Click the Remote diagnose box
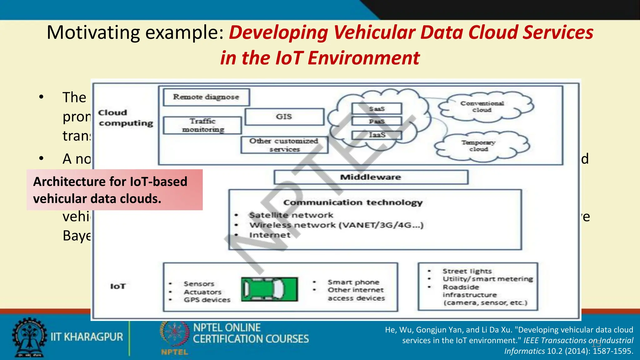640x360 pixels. click(x=206, y=97)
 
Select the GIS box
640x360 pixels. click(x=284, y=117)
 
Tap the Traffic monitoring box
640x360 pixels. click(x=202, y=125)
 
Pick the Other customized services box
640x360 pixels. click(x=284, y=145)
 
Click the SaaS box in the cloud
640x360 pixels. click(x=377, y=109)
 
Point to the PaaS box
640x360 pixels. click(x=377, y=121)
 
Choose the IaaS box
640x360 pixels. click(x=377, y=135)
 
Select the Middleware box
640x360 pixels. click(x=371, y=177)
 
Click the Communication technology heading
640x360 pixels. click(x=353, y=202)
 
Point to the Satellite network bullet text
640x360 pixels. click(x=291, y=215)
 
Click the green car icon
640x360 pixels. click(x=269, y=289)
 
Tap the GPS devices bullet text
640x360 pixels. click(x=207, y=300)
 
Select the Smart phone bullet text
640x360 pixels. click(x=353, y=282)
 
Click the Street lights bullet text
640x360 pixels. click(x=467, y=271)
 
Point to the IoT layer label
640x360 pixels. click(x=118, y=286)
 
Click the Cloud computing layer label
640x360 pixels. click(x=126, y=118)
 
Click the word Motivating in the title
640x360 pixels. click(x=93, y=32)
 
